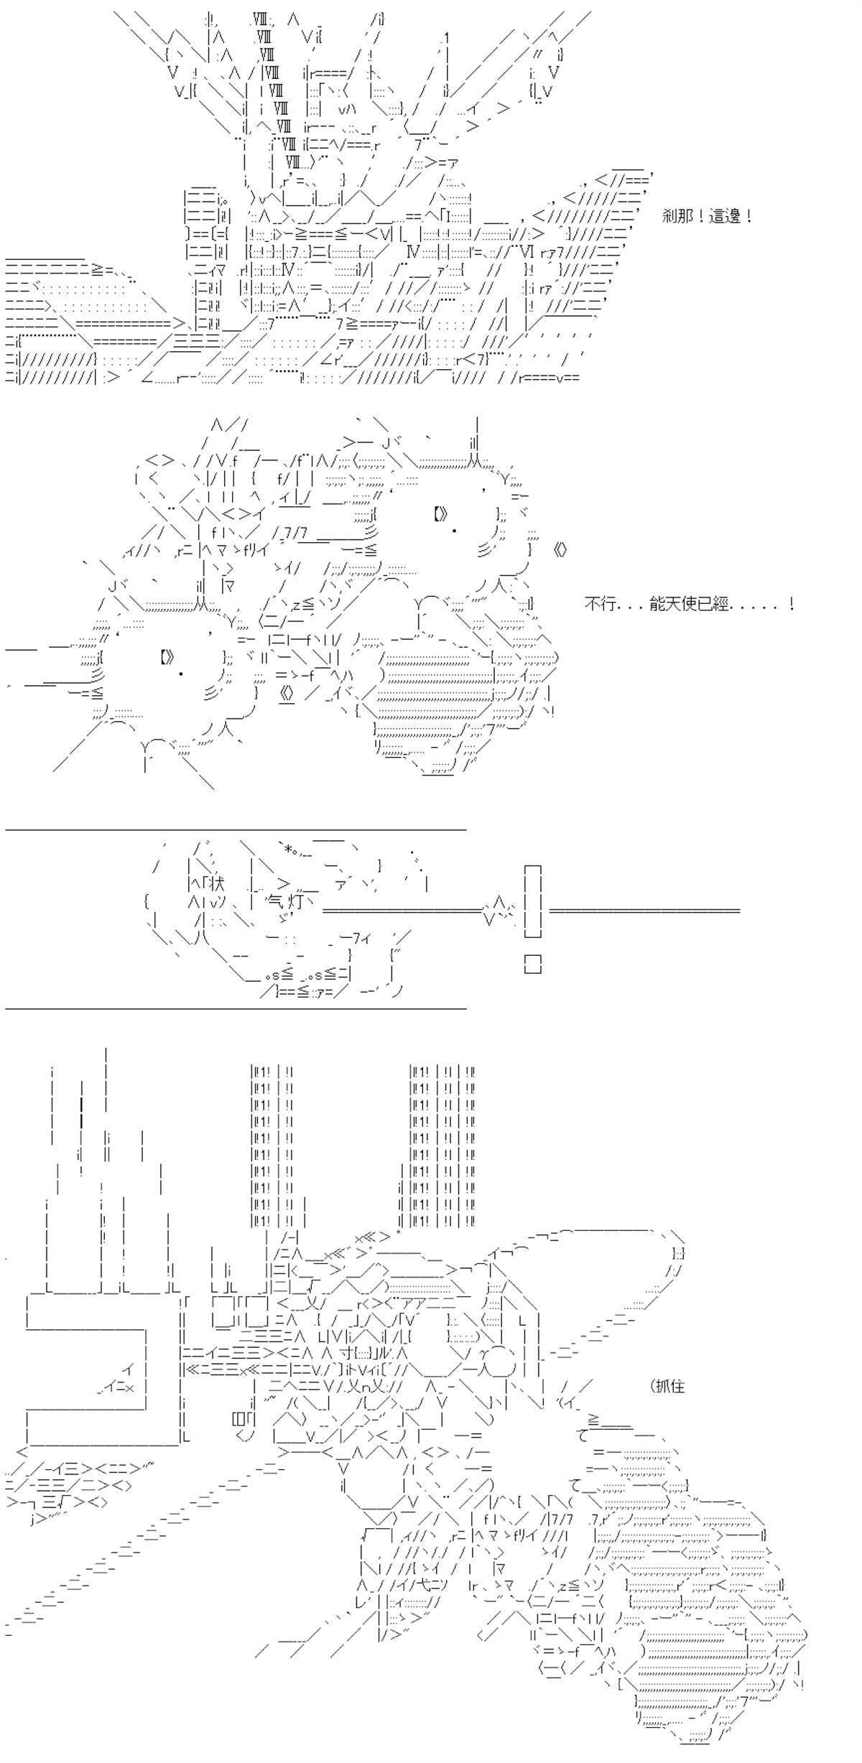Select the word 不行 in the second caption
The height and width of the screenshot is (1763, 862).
pyautogui.click(x=599, y=605)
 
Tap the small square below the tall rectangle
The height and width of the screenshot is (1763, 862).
pyautogui.click(x=532, y=964)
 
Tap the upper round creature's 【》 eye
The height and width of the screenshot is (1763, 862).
pyautogui.click(x=441, y=513)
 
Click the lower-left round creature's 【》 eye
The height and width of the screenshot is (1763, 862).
pyautogui.click(x=167, y=657)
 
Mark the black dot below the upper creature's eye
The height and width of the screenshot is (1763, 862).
pyautogui.click(x=455, y=531)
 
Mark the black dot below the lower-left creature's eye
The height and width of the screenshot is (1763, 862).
pyautogui.click(x=180, y=674)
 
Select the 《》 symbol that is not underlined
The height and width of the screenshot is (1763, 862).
pyautogui.click(x=561, y=551)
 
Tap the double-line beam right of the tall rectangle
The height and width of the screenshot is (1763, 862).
pyautogui.click(x=644, y=911)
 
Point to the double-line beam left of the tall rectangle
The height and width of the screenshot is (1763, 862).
pyautogui.click(x=402, y=911)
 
